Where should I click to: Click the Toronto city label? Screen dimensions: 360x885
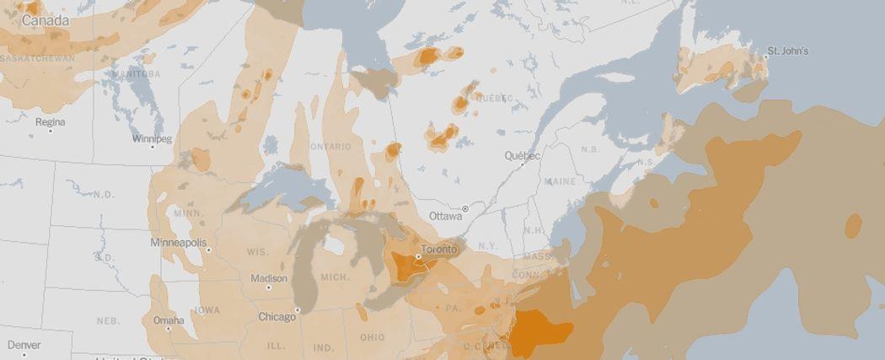coord(438,250)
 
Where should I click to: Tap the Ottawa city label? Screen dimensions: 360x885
coord(446,216)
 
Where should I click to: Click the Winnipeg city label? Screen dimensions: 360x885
coord(152,138)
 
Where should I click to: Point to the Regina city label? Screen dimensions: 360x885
coord(50,122)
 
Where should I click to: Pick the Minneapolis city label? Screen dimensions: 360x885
coord(178,243)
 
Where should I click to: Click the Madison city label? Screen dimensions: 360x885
coord(269,278)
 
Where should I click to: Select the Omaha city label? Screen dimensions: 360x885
coord(169,320)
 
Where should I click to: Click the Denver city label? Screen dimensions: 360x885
coord(24,345)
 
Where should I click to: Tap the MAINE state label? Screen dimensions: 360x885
coord(560,181)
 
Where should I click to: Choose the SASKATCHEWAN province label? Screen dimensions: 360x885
coord(38,59)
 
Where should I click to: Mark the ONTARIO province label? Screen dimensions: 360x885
coord(330,147)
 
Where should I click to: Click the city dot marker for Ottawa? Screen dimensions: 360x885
coord(464,208)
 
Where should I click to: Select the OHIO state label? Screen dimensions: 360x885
coord(372,338)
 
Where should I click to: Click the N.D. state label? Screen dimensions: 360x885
coord(104,195)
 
